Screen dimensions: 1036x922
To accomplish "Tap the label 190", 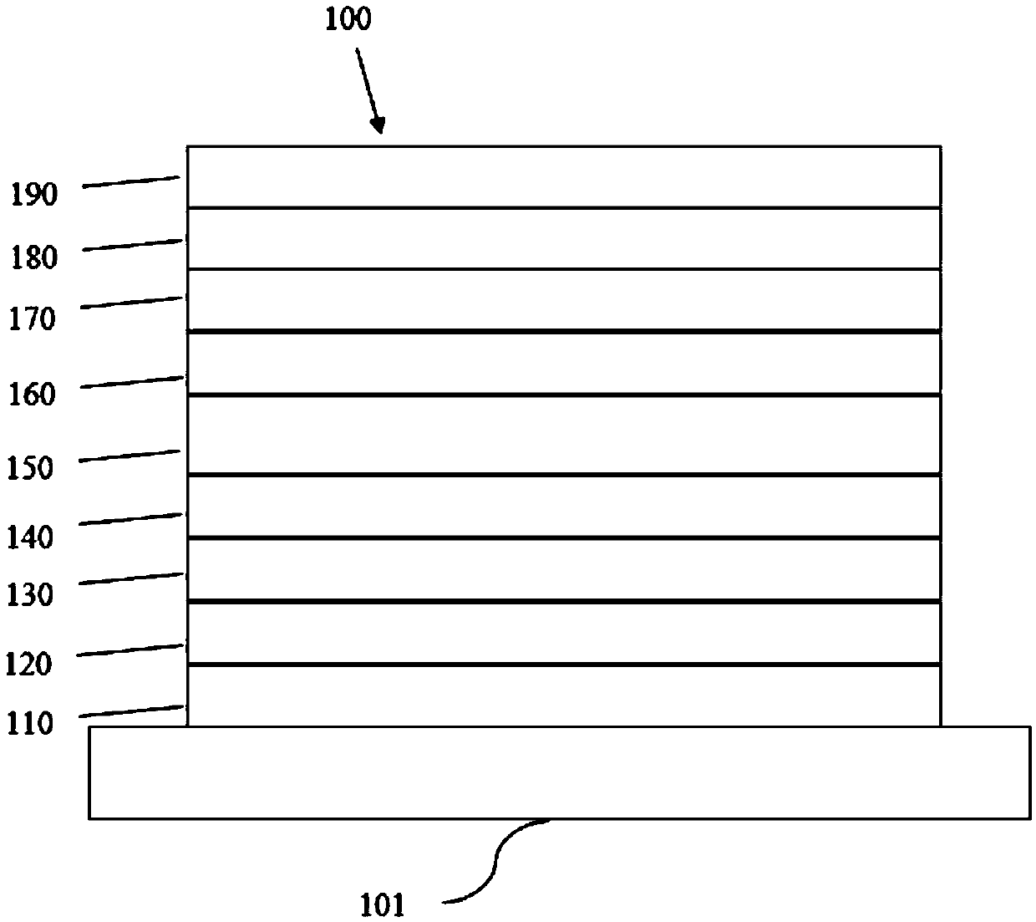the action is point(34,195).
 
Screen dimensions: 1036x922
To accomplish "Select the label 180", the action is point(34,257).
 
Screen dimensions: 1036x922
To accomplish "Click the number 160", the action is point(32,394).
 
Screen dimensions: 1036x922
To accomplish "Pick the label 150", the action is point(29,467).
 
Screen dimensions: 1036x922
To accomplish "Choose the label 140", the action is point(30,536).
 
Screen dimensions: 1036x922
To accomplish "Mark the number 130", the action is point(30,594).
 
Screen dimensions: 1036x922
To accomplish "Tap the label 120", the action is point(29,664).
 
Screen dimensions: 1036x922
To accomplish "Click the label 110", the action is point(29,722).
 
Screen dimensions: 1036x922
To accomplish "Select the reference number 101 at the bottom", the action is point(383,904).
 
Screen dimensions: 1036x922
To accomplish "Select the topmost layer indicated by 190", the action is point(564,177).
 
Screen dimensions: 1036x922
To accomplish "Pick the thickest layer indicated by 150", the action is point(564,435).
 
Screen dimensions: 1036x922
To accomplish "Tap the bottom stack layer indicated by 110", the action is point(564,695).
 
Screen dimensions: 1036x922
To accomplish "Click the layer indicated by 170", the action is point(564,299).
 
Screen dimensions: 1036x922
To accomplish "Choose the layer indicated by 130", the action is point(564,569).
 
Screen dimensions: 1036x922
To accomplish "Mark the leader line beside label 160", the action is point(132,382).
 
